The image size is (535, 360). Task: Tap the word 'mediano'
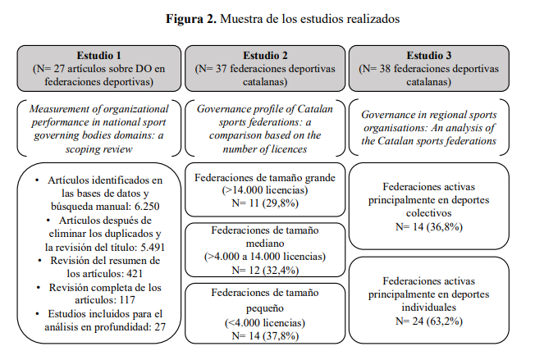click(263, 242)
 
